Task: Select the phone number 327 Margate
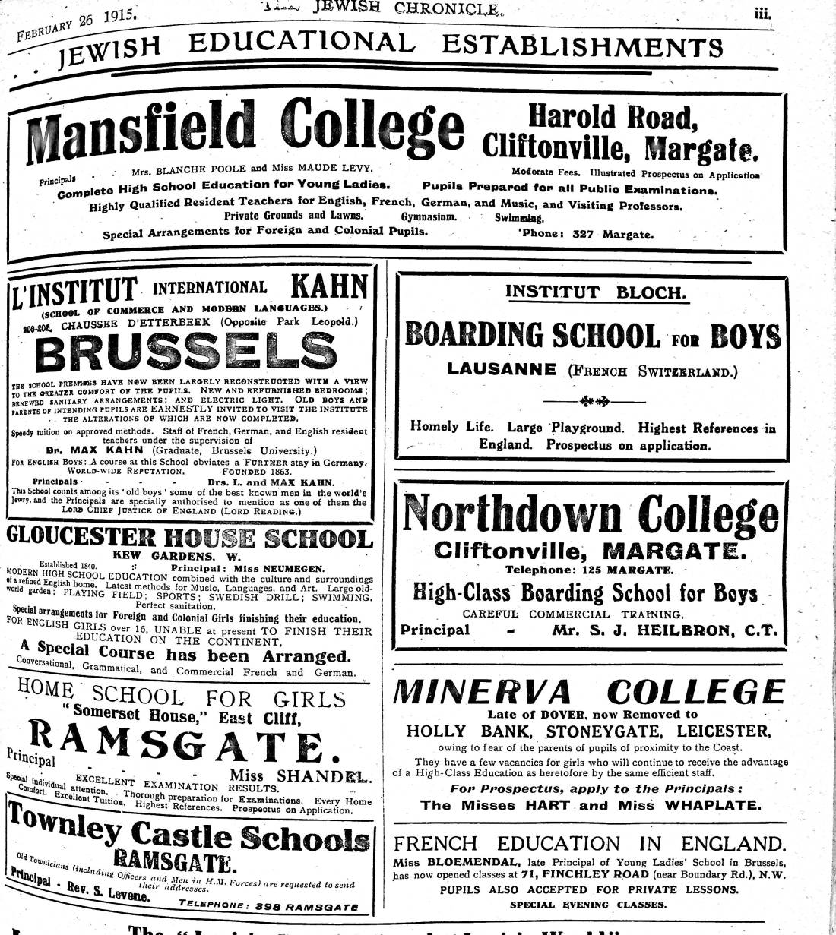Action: [608, 234]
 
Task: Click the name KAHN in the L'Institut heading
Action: [329, 288]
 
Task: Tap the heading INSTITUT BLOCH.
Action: [595, 292]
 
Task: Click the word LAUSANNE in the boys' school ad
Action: [502, 370]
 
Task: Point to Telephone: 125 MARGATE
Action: [588, 570]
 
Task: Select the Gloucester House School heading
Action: [190, 539]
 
